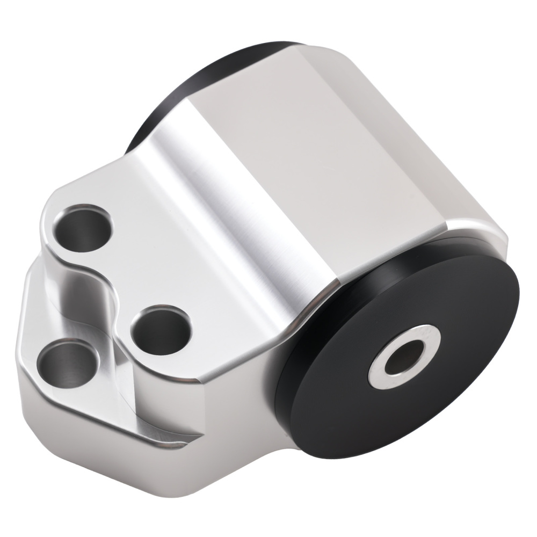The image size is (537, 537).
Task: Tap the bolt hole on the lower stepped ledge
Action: click(67, 366)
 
